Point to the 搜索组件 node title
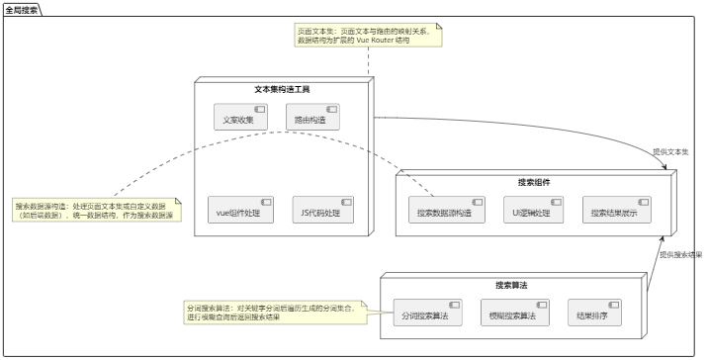(534, 182)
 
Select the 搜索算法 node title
(511, 285)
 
